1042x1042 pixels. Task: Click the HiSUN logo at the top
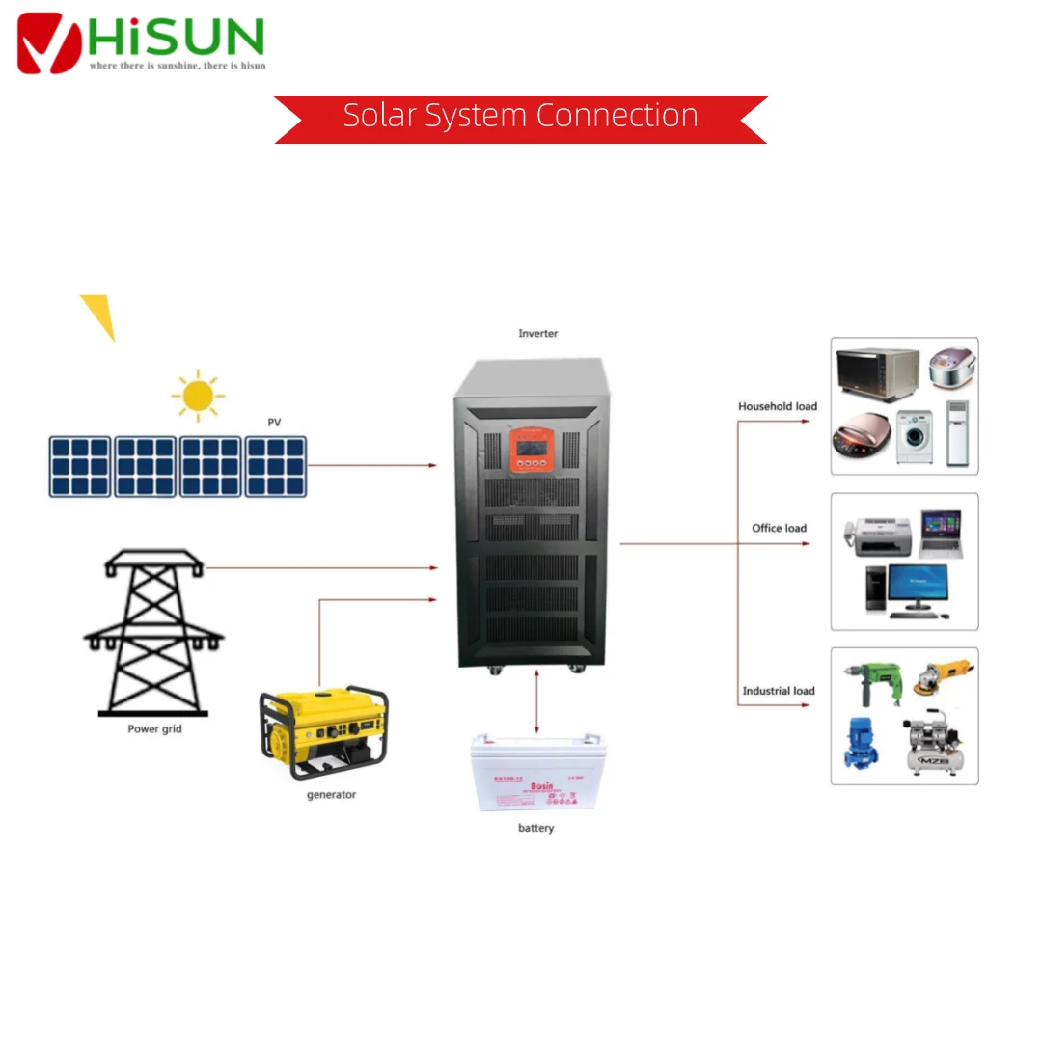pyautogui.click(x=141, y=41)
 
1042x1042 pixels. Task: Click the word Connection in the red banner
pyautogui.click(x=617, y=116)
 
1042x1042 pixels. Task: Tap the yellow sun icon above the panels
pyautogui.click(x=198, y=395)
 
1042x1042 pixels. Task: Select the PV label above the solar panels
pyautogui.click(x=275, y=423)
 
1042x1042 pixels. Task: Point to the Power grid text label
pyautogui.click(x=154, y=729)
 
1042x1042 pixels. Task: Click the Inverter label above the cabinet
pyautogui.click(x=537, y=334)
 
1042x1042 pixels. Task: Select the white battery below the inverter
pyautogui.click(x=535, y=772)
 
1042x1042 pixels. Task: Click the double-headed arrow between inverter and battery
pyautogui.click(x=536, y=703)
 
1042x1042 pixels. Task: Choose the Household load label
pyautogui.click(x=777, y=406)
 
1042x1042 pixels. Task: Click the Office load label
pyautogui.click(x=779, y=528)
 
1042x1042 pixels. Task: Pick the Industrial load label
pyautogui.click(x=778, y=691)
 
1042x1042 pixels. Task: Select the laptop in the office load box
pyautogui.click(x=939, y=534)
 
